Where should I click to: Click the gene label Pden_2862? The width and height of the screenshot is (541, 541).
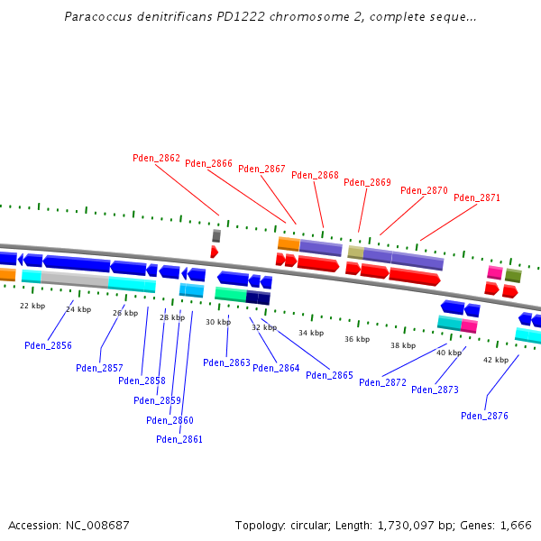tap(156, 158)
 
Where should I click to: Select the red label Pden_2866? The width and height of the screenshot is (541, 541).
tap(208, 163)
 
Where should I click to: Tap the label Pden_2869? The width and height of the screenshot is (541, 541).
tap(367, 182)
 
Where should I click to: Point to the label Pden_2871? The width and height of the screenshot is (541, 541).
tap(476, 197)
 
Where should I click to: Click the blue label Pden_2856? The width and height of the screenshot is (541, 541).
tap(48, 345)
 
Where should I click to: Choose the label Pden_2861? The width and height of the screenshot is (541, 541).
tap(179, 439)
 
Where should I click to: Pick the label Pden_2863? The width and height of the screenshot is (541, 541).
tap(226, 362)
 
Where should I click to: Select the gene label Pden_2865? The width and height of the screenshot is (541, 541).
tap(329, 375)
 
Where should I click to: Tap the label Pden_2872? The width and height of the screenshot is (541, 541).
tap(382, 382)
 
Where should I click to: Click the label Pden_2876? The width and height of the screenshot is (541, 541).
tap(484, 416)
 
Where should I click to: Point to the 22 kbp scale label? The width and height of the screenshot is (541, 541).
tap(32, 306)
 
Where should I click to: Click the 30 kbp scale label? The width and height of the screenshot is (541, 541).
tap(218, 322)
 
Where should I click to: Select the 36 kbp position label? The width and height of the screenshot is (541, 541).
tap(357, 339)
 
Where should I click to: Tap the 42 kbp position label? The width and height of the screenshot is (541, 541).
tap(496, 360)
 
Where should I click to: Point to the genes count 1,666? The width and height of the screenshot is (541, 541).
tap(516, 525)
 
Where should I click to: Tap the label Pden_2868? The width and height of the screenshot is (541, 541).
tap(315, 175)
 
